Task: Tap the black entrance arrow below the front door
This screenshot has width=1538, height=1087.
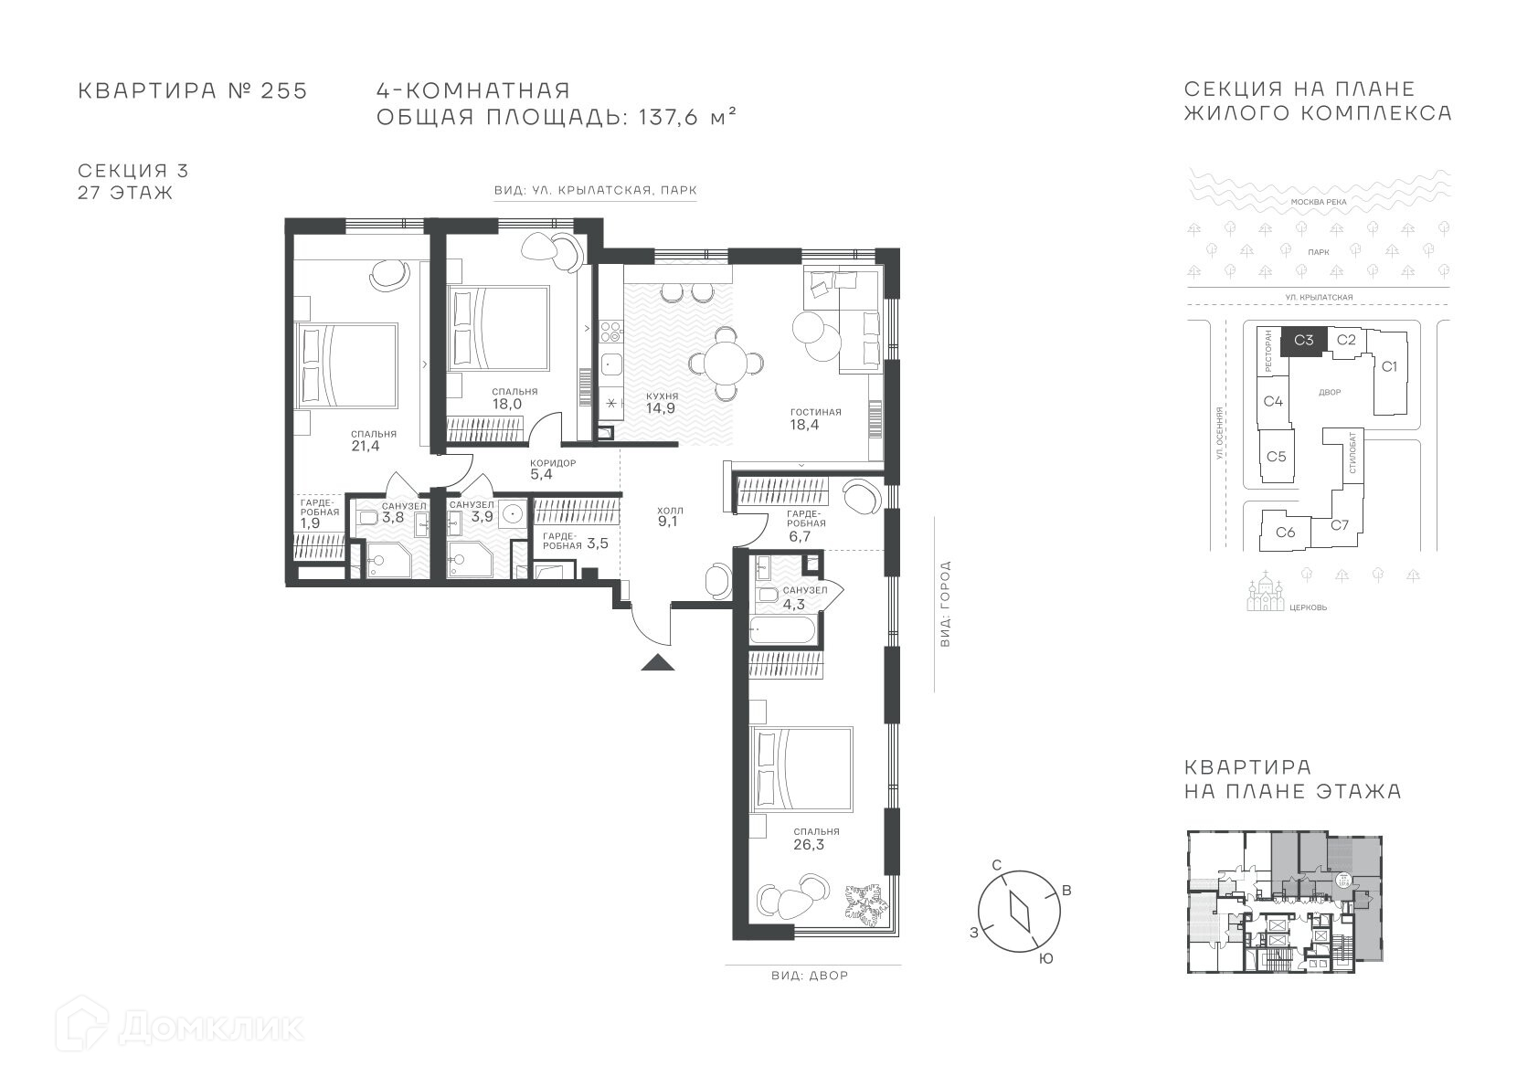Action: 657,662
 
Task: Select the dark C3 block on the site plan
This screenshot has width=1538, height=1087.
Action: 1304,341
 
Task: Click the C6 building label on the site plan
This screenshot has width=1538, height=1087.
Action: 1286,532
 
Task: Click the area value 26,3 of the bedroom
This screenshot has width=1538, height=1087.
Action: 809,845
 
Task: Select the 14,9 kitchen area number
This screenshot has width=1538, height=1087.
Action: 660,409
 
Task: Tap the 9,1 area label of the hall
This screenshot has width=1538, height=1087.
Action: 667,522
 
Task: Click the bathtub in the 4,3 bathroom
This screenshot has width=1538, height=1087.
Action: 783,630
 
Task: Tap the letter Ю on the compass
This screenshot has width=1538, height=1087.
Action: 1046,959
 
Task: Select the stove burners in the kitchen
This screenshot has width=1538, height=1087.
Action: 610,332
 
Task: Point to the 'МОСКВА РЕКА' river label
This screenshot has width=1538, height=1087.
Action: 1319,202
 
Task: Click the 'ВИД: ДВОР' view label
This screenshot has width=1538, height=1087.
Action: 810,976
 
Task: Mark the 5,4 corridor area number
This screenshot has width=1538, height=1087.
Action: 541,474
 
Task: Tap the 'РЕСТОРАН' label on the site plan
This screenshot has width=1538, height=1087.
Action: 1268,352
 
